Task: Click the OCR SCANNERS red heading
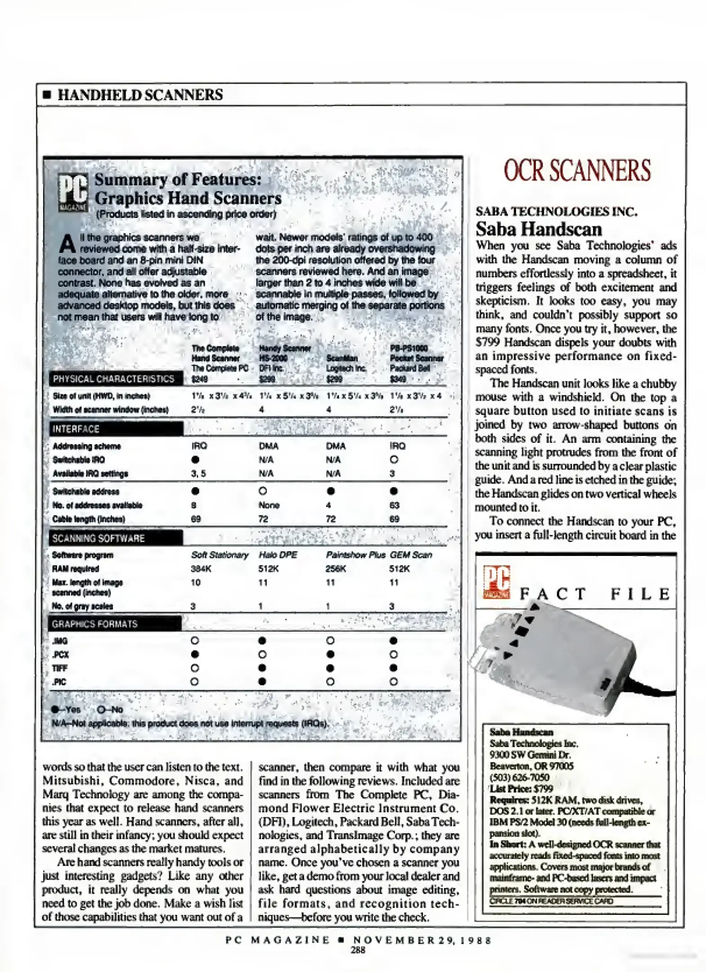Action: tap(577, 171)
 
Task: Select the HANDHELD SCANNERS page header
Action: tap(140, 95)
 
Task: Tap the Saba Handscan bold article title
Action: tap(539, 229)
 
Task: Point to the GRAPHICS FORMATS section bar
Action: tap(115, 624)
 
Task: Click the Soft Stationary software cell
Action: tap(220, 555)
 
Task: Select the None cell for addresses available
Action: tap(269, 505)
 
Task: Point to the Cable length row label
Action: tap(89, 519)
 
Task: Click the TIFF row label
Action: tap(60, 669)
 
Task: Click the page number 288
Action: tap(358, 950)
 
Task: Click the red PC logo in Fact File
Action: tap(496, 582)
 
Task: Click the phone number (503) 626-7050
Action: tap(519, 777)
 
